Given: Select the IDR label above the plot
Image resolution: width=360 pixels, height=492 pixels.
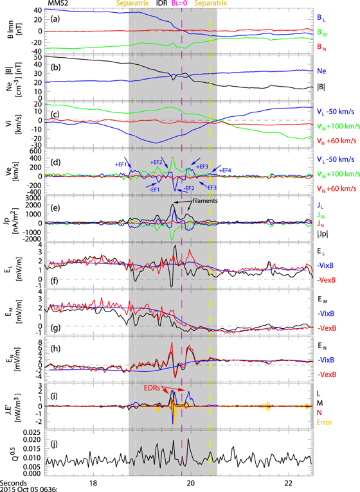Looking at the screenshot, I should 162,4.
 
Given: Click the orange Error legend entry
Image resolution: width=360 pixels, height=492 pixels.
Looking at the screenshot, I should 327,421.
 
